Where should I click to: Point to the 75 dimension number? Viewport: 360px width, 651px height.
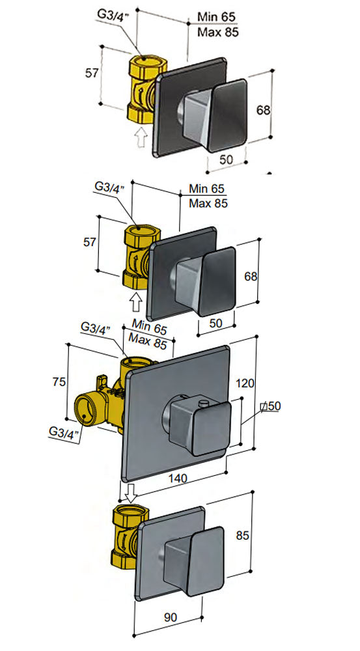(x=58, y=382)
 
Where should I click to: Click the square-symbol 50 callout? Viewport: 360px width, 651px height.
(x=269, y=406)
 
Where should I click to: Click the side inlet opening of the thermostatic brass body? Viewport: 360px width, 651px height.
(x=83, y=411)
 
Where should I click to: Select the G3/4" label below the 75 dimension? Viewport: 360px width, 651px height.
(x=62, y=432)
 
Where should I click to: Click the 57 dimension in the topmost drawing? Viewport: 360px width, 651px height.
(x=92, y=73)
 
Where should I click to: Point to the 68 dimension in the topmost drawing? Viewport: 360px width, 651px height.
(x=263, y=110)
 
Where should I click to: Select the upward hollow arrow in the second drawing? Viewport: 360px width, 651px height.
(x=136, y=301)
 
